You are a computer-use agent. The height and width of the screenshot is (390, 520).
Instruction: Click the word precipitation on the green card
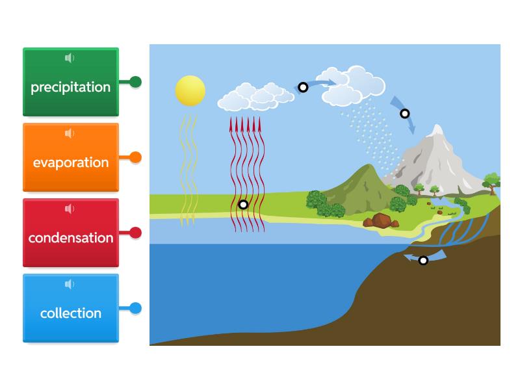coord(71,88)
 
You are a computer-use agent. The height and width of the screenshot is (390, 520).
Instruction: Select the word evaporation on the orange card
coord(71,163)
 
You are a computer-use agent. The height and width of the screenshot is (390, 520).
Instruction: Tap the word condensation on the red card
coord(71,238)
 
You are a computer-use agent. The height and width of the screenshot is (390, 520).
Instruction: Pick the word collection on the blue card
coord(71,313)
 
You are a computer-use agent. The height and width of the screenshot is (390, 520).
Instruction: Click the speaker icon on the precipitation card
coord(70,58)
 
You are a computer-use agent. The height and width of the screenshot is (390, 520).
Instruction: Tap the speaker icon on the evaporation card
coord(70,133)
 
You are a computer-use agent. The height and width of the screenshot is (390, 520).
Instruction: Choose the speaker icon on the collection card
coord(70,284)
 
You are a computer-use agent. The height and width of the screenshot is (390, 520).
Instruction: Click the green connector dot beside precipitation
coord(135,82)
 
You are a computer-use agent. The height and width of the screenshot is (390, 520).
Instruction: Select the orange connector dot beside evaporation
coord(135,157)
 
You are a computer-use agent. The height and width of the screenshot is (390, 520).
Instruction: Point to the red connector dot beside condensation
coord(135,233)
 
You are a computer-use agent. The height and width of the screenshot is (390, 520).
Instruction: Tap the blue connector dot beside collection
coord(135,308)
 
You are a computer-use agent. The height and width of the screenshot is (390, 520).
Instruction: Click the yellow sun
coord(190,91)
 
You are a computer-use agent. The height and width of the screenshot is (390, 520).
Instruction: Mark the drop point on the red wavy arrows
coord(243,205)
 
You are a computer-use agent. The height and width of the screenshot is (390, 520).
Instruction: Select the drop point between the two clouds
coord(303,87)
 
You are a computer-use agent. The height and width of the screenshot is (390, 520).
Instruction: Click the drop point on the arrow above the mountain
coord(404,114)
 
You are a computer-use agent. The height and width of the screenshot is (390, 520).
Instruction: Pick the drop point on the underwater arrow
coord(423,261)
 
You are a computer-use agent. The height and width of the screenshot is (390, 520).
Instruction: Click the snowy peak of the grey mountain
coord(437,129)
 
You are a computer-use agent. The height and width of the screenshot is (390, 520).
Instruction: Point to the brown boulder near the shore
coord(381,220)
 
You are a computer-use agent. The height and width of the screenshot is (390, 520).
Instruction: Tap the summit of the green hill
coord(368,165)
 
